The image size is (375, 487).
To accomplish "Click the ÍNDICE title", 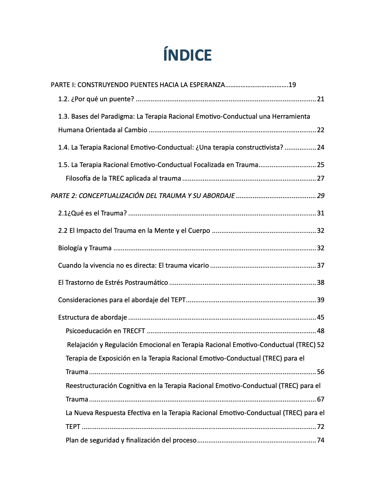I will click(x=187, y=55).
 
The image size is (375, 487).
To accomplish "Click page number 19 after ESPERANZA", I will click(x=292, y=85).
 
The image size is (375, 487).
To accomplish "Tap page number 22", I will click(x=321, y=130).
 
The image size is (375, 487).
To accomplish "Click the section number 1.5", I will click(x=63, y=165).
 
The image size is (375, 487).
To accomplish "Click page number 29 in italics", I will click(x=321, y=196).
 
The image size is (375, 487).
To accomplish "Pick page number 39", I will click(x=321, y=300).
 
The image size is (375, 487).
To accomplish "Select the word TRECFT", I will click(x=134, y=331).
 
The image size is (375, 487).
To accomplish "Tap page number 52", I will click(x=321, y=345).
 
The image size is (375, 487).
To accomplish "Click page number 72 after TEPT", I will click(x=321, y=427).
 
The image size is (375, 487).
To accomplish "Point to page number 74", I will click(x=321, y=440).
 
